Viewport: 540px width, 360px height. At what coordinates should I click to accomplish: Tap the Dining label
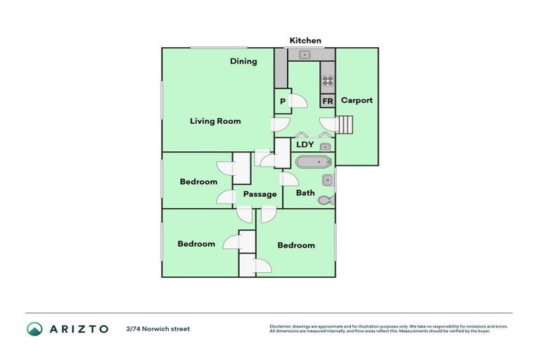click(x=243, y=61)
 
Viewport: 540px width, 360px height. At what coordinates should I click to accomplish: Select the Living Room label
click(x=215, y=121)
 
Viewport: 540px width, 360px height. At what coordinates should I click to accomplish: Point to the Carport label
click(x=356, y=101)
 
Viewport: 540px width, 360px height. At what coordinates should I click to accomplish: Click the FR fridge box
click(x=327, y=101)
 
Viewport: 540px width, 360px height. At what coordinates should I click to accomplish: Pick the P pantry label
click(x=283, y=101)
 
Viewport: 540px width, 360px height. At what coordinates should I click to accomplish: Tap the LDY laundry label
click(x=304, y=144)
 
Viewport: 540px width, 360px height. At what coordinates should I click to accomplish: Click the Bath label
click(x=305, y=193)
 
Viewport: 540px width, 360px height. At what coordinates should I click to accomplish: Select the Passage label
click(x=259, y=194)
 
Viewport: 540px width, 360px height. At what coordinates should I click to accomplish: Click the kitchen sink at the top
click(x=305, y=55)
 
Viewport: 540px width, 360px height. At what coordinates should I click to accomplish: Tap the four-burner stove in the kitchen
click(x=327, y=80)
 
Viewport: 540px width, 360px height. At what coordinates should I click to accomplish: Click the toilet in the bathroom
click(x=326, y=200)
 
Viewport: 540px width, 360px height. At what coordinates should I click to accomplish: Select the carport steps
click(x=344, y=125)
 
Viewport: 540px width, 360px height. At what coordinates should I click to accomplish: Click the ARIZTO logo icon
click(x=34, y=328)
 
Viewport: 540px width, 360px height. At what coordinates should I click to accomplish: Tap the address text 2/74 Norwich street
click(x=158, y=328)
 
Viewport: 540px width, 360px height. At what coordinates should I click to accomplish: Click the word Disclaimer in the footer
click(x=281, y=326)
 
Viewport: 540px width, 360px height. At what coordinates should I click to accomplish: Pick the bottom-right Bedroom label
click(x=296, y=245)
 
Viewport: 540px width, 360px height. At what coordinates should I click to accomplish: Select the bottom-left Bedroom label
click(x=196, y=244)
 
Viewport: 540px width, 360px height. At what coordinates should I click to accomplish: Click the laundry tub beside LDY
click(x=326, y=147)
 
